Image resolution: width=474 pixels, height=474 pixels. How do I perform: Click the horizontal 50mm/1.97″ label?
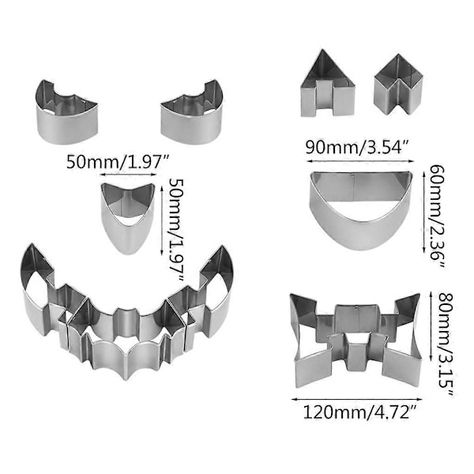(118, 162)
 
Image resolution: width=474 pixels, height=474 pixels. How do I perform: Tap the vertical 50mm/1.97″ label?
(176, 230)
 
